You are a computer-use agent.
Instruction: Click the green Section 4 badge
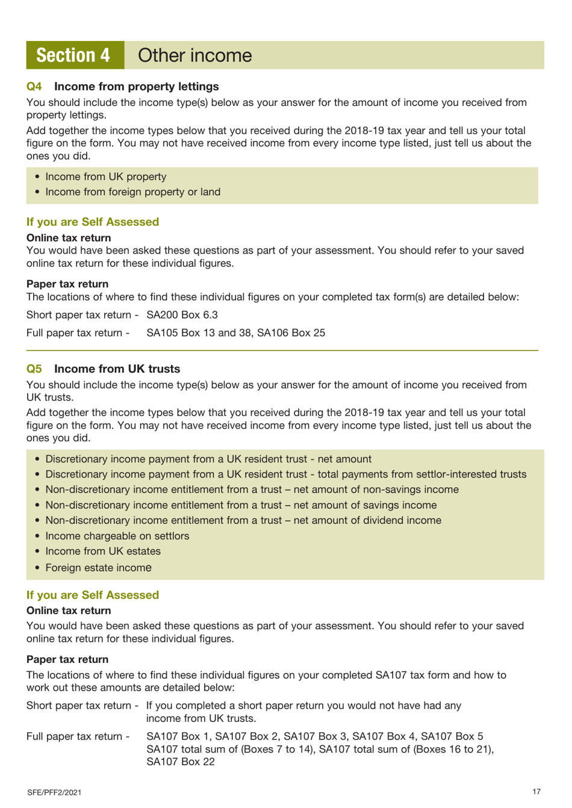tap(75, 55)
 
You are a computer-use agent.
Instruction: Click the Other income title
tap(194, 55)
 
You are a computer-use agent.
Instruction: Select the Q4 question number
tap(34, 87)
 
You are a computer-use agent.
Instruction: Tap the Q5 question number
tap(34, 369)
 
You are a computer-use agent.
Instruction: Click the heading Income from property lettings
tap(136, 87)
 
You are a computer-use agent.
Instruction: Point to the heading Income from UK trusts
tap(117, 369)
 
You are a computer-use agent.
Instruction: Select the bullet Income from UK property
tap(106, 177)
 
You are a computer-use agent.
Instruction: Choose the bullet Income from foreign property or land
tap(132, 192)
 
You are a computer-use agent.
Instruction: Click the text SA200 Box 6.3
tap(182, 315)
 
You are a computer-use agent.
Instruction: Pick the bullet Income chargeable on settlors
tap(117, 536)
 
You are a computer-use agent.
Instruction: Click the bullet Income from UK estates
tap(103, 552)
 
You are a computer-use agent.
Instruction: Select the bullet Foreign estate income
tap(98, 568)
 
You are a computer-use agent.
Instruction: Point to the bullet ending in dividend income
tap(243, 521)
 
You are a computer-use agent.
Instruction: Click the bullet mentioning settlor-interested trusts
tap(285, 474)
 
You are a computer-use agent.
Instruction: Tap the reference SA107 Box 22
tap(181, 762)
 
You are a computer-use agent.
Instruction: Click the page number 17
tap(536, 792)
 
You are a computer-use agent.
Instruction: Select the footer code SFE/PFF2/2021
tap(54, 792)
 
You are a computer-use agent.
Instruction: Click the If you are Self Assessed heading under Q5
tap(93, 595)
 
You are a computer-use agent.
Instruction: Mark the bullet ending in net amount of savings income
tap(241, 505)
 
